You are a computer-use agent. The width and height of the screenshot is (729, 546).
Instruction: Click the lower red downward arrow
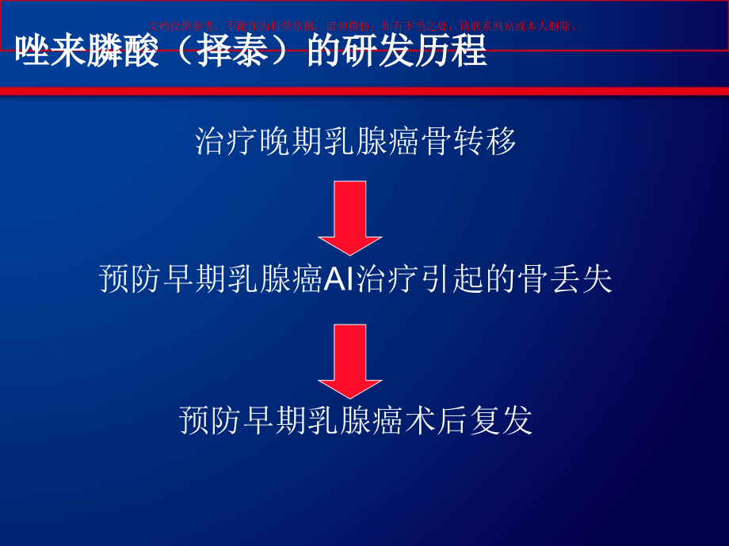(x=350, y=360)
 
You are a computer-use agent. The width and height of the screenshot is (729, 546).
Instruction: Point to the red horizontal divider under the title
(x=364, y=92)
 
